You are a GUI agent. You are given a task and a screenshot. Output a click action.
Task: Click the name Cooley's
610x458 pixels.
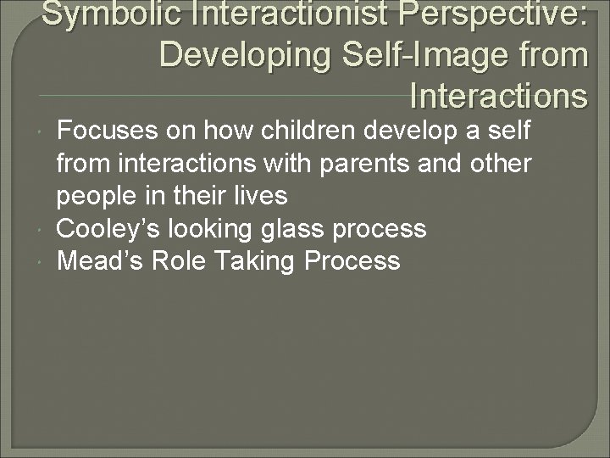(109, 229)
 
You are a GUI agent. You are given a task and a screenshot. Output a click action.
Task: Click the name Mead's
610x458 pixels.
(100, 261)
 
